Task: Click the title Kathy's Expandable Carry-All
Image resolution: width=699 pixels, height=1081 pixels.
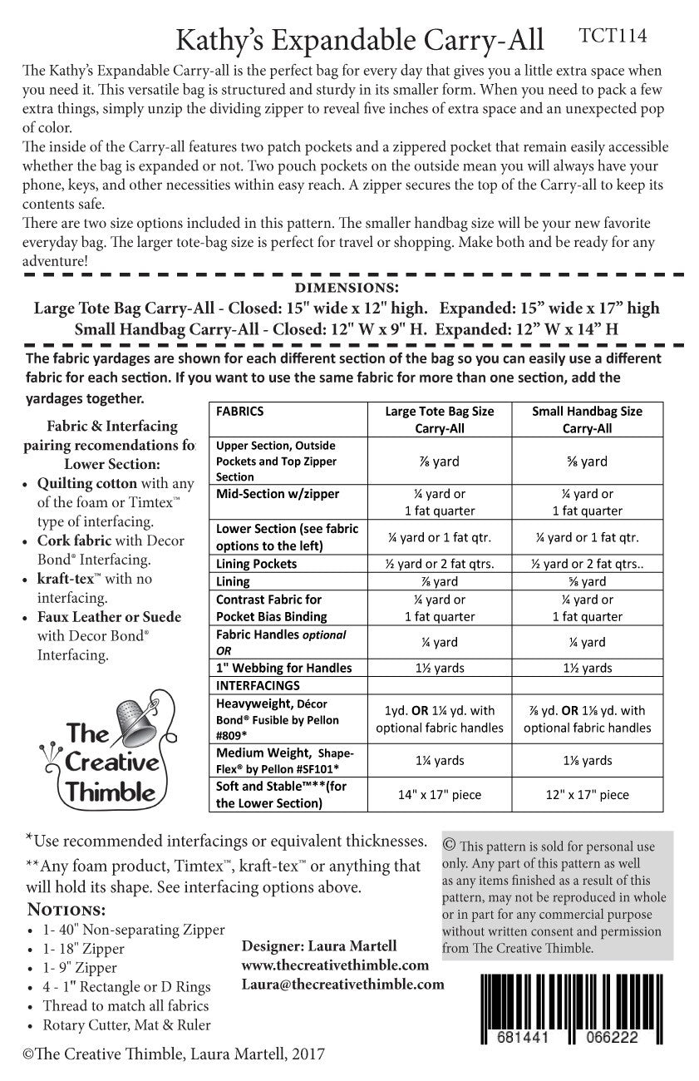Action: click(360, 39)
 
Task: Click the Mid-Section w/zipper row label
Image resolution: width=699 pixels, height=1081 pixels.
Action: click(266, 494)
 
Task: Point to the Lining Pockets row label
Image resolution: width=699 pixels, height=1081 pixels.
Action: click(256, 564)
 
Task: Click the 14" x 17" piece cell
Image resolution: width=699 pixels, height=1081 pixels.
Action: click(439, 795)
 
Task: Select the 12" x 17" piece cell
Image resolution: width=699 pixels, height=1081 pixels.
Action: click(586, 795)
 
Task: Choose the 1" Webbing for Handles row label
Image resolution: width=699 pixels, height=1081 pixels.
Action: click(283, 668)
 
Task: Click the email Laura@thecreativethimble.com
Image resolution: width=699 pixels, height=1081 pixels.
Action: click(342, 985)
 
